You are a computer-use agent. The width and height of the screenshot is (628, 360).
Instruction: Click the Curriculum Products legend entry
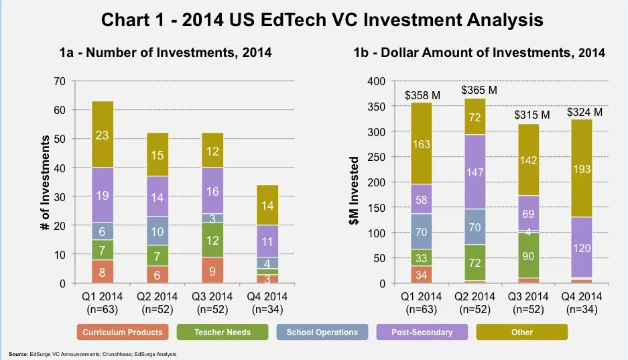pyautogui.click(x=123, y=332)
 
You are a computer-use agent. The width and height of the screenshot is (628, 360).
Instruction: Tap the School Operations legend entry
pyautogui.click(x=322, y=332)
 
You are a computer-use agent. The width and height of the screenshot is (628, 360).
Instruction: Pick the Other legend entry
pyautogui.click(x=521, y=332)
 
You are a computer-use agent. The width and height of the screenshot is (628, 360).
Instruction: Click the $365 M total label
pyautogui.click(x=480, y=90)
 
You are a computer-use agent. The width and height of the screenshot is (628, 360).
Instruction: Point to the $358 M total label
pyautogui.click(x=422, y=96)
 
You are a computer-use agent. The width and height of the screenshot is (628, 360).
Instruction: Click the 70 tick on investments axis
pyautogui.click(x=60, y=81)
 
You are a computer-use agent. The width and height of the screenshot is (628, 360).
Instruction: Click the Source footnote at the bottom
pyautogui.click(x=92, y=353)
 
